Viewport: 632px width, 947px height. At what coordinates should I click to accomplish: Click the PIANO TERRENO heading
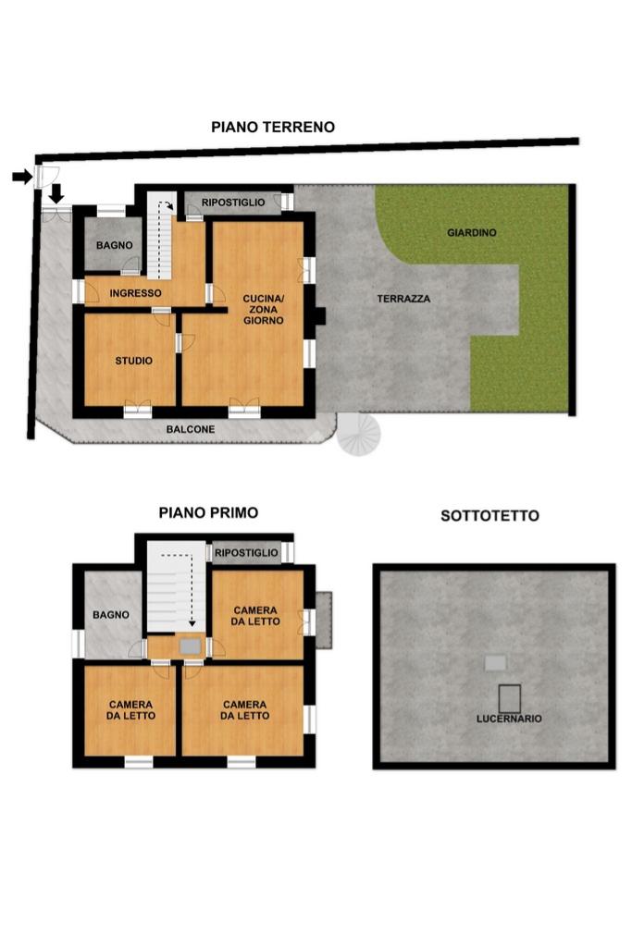(272, 128)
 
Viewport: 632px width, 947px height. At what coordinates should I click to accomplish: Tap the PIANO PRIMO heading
(208, 512)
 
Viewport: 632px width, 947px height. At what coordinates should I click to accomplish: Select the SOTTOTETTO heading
(489, 516)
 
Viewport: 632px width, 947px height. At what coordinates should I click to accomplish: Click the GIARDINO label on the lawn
(471, 232)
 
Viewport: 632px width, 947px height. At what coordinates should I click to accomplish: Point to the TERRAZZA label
(403, 299)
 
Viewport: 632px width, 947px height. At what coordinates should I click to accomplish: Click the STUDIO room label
(133, 361)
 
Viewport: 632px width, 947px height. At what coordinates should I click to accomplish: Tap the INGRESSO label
(135, 293)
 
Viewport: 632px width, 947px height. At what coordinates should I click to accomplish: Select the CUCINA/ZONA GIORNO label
(264, 309)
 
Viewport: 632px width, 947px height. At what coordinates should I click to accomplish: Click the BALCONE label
(191, 429)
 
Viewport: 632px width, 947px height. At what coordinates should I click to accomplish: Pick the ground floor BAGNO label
(114, 245)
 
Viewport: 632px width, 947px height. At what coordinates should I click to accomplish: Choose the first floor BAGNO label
(110, 615)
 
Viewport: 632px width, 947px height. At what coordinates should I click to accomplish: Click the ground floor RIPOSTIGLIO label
(233, 203)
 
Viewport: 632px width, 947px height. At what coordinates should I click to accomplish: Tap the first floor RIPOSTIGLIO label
(246, 553)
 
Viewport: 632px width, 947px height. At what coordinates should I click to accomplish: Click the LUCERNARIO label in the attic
(509, 719)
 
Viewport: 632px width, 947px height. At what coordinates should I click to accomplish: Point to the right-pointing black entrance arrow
(22, 177)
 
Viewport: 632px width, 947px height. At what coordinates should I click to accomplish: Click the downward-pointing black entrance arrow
(56, 194)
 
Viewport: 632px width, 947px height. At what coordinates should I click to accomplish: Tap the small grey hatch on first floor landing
(191, 646)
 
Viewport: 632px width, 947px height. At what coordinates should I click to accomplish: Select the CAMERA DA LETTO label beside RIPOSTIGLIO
(255, 616)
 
